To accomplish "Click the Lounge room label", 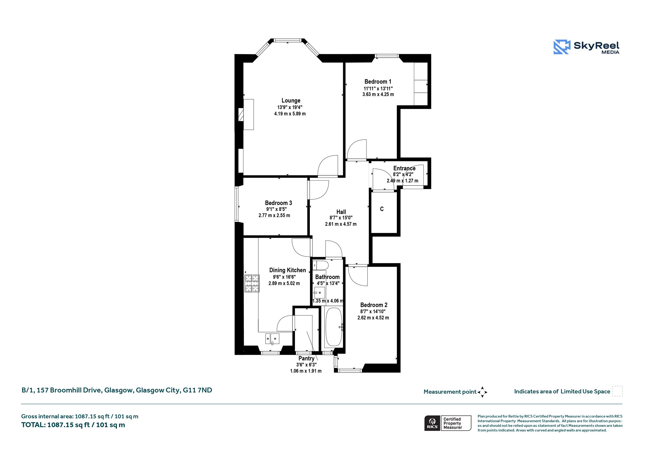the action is [291, 101].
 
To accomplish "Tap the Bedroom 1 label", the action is [378, 82].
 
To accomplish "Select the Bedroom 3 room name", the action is [278, 203].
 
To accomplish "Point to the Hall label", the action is [341, 212].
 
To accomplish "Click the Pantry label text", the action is [306, 359].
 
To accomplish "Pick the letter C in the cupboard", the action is [382, 209].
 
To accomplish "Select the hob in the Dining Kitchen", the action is [252, 283].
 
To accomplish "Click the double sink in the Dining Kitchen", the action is [272, 338].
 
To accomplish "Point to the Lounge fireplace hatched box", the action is [241, 115].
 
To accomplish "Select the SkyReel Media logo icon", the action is [562, 47].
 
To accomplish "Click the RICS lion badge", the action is [432, 423].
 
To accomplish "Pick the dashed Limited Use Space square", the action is [617, 391].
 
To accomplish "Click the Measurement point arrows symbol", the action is [482, 392].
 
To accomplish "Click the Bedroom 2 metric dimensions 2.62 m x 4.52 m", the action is [373, 318].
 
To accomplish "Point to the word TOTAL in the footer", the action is [33, 425].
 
